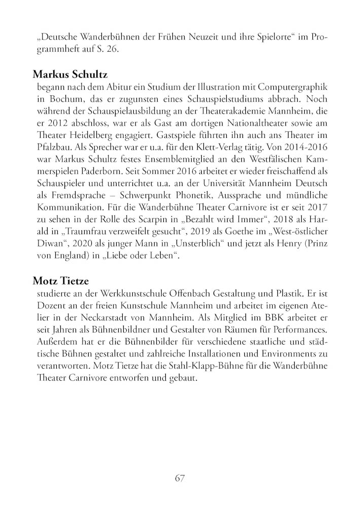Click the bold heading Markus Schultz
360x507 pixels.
tap(70, 75)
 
